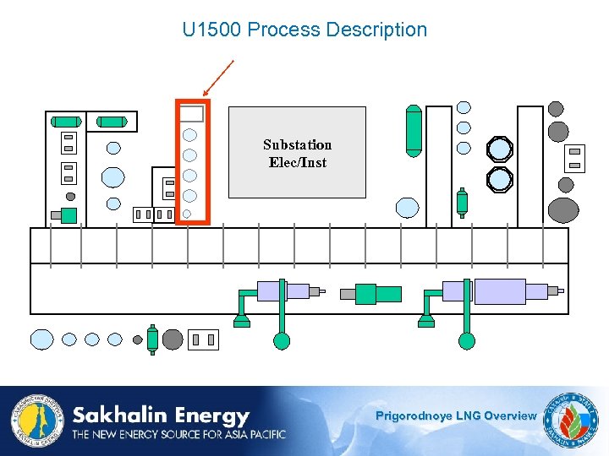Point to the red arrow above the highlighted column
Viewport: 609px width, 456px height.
click(217, 78)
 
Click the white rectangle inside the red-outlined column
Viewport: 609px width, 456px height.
click(192, 114)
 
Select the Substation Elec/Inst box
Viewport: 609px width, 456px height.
click(297, 152)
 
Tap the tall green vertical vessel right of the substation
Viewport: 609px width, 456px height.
click(413, 131)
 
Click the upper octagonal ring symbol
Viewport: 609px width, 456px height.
click(500, 149)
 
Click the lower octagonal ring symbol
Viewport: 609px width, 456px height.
click(500, 179)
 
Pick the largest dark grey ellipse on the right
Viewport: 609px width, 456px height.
click(563, 209)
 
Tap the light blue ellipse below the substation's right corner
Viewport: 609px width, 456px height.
click(408, 207)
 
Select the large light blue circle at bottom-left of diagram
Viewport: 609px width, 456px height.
click(42, 339)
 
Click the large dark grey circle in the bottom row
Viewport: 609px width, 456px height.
click(173, 339)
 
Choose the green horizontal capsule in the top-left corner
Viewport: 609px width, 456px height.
click(66, 122)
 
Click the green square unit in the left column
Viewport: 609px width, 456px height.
click(69, 215)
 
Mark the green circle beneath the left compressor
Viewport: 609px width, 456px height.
click(282, 341)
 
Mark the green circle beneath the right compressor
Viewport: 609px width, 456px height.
click(466, 341)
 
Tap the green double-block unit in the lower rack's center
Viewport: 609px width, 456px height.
click(376, 293)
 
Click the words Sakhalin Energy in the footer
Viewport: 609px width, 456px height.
click(161, 415)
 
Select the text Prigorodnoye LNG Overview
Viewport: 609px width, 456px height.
click(455, 415)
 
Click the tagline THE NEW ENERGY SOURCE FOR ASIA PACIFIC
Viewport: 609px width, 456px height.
click(178, 434)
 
